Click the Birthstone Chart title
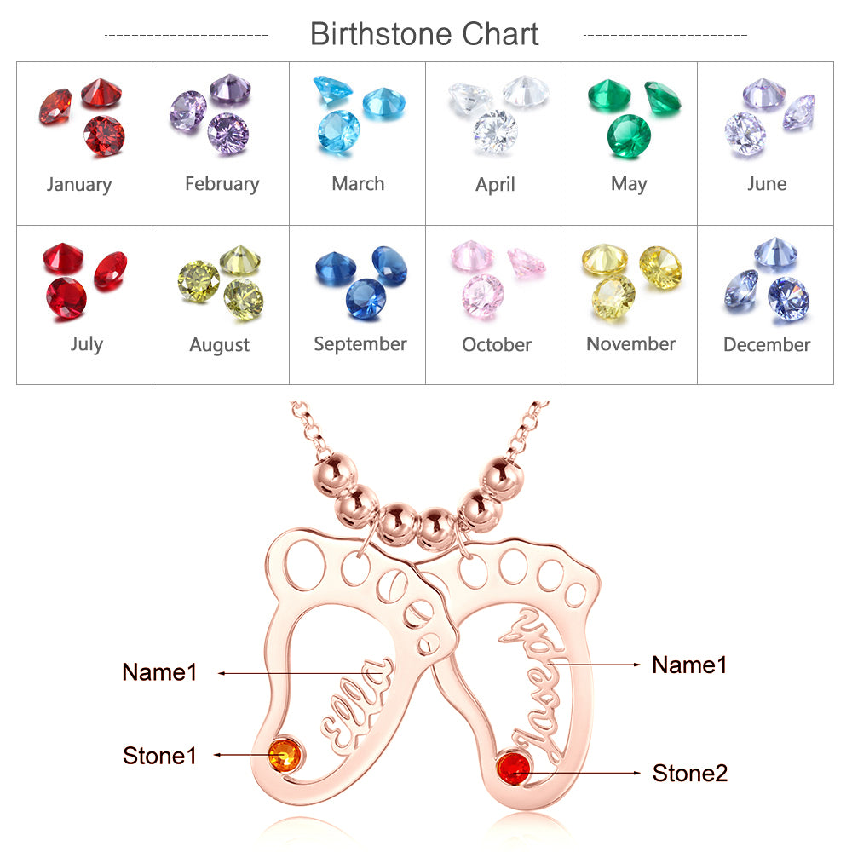[x=424, y=35]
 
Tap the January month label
[x=79, y=184]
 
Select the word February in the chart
[x=222, y=183]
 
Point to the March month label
[x=358, y=183]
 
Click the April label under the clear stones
[x=495, y=184]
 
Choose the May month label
[x=629, y=184]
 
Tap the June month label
[x=767, y=183]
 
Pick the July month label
[x=86, y=344]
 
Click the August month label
[x=220, y=345]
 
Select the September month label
[x=360, y=344]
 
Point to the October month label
[x=497, y=345]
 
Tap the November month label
[x=630, y=344]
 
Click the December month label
[x=767, y=345]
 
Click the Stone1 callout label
[x=160, y=755]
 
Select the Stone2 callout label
[x=690, y=773]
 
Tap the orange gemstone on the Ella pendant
[x=284, y=754]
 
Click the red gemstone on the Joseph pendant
[x=513, y=768]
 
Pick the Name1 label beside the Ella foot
[x=159, y=671]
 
